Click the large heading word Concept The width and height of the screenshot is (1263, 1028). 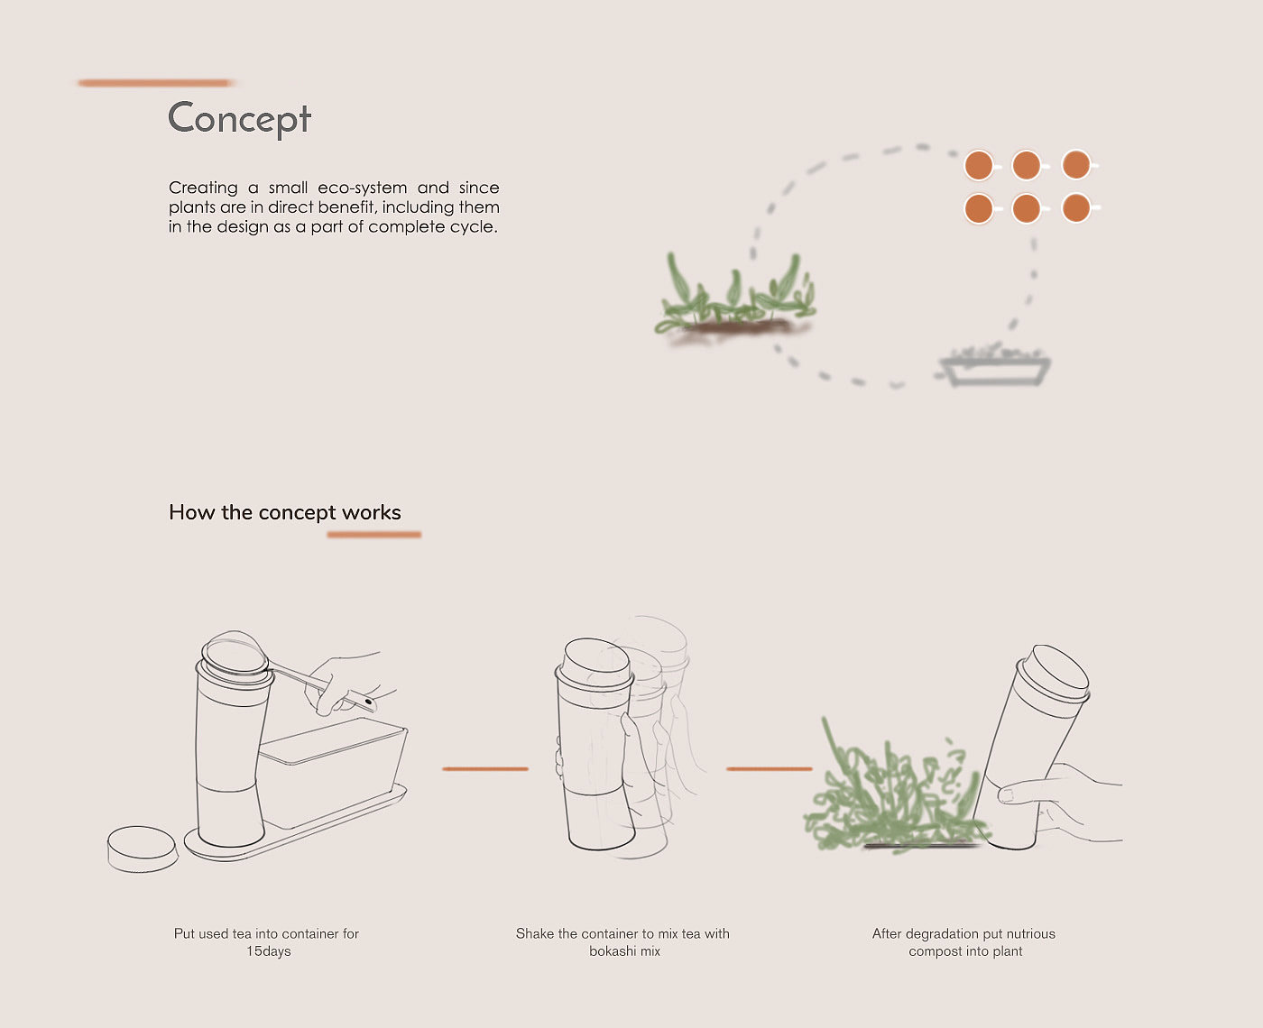[x=239, y=118]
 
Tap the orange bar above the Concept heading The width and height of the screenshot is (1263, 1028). [x=155, y=83]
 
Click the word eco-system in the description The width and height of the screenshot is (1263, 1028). [x=363, y=188]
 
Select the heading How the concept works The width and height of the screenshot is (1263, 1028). [x=284, y=512]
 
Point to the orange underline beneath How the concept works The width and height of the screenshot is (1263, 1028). [x=374, y=535]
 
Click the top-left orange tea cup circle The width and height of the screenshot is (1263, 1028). [x=979, y=165]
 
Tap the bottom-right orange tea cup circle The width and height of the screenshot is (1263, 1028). [x=1075, y=208]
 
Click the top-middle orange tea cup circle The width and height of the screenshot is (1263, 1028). [x=1027, y=165]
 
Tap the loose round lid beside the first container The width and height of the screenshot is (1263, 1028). [x=142, y=849]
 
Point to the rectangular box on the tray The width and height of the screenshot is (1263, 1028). [x=333, y=770]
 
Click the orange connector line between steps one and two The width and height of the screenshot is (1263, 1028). [x=485, y=768]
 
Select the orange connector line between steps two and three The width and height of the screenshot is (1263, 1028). [x=769, y=768]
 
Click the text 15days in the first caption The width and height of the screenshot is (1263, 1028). [x=269, y=951]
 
